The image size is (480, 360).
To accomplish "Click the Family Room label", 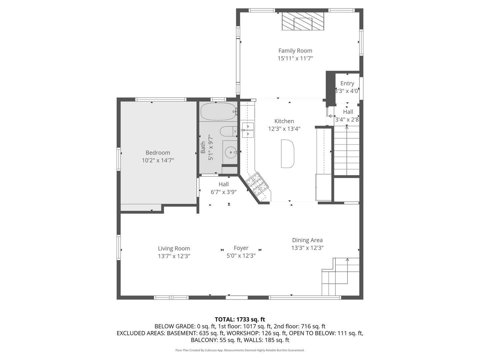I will pyautogui.click(x=295, y=51).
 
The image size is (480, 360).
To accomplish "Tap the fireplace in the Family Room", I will pyautogui.click(x=303, y=22).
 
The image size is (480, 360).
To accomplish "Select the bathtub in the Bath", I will pyautogui.click(x=218, y=111).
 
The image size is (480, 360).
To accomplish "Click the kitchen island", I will pyautogui.click(x=288, y=154).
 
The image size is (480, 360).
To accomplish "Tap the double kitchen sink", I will pyautogui.click(x=248, y=130).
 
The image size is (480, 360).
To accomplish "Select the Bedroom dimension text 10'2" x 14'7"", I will pyautogui.click(x=158, y=160).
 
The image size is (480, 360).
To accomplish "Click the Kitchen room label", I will pyautogui.click(x=284, y=121).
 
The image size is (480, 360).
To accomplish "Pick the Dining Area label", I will pyautogui.click(x=307, y=240).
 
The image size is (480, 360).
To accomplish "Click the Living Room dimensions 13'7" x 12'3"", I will pyautogui.click(x=174, y=256).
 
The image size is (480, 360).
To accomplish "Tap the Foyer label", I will pyautogui.click(x=241, y=248).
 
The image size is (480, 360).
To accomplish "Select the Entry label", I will pyautogui.click(x=347, y=83).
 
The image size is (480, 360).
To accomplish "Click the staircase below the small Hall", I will pyautogui.click(x=347, y=150).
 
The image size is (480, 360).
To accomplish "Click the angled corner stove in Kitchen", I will pyautogui.click(x=257, y=184).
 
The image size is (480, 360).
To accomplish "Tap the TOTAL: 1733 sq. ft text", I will pyautogui.click(x=240, y=319).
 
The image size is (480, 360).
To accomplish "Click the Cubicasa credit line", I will pyautogui.click(x=240, y=350).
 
